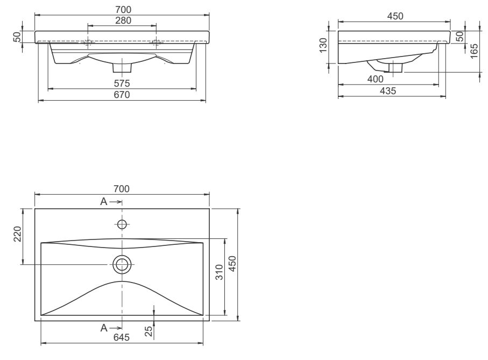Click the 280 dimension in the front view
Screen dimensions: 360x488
tap(122, 20)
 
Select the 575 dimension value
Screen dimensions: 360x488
tap(122, 83)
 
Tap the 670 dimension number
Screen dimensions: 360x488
tap(122, 95)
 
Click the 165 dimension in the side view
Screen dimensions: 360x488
tap(473, 52)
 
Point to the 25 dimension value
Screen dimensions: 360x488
tap(148, 332)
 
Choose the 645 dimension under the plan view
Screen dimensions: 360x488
tap(122, 337)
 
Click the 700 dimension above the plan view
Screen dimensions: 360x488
tap(122, 189)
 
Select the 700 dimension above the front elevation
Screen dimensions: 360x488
tap(122, 9)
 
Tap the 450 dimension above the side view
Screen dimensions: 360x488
tap(395, 16)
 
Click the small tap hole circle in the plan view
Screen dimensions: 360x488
tap(122, 223)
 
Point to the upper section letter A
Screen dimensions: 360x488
tap(104, 201)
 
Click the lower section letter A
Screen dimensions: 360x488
tap(104, 328)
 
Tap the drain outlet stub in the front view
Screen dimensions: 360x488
tap(122, 68)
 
